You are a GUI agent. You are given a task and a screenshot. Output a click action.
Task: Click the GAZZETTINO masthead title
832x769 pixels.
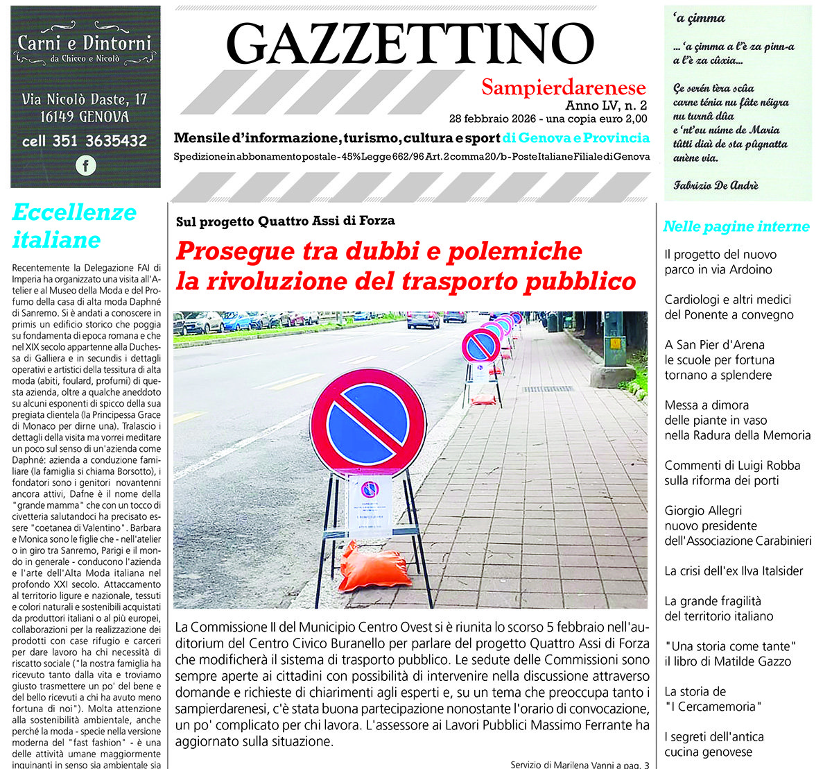(410, 43)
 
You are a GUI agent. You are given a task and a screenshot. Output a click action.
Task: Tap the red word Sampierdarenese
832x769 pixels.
(563, 87)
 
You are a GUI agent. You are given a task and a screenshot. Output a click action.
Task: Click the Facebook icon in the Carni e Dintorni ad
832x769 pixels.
(85, 166)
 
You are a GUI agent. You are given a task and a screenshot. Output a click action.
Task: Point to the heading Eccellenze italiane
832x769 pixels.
(73, 226)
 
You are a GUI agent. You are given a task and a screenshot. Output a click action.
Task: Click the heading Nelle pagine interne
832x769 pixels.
(736, 226)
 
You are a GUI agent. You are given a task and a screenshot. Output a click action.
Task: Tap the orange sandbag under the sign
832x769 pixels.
(374, 568)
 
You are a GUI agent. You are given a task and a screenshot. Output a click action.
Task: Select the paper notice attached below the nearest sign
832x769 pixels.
(369, 506)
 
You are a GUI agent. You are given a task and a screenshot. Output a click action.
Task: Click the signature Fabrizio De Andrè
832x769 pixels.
(716, 185)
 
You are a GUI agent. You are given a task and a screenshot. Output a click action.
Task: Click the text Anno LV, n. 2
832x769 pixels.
(605, 105)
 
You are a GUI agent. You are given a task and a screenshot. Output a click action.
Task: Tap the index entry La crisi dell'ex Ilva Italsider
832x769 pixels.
(734, 571)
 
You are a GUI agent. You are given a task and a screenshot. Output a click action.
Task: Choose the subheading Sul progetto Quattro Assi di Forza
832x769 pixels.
(285, 221)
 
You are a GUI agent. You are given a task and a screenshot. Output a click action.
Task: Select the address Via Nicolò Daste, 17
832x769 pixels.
(85, 99)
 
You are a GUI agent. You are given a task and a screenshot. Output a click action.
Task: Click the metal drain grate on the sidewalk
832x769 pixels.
(547, 389)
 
